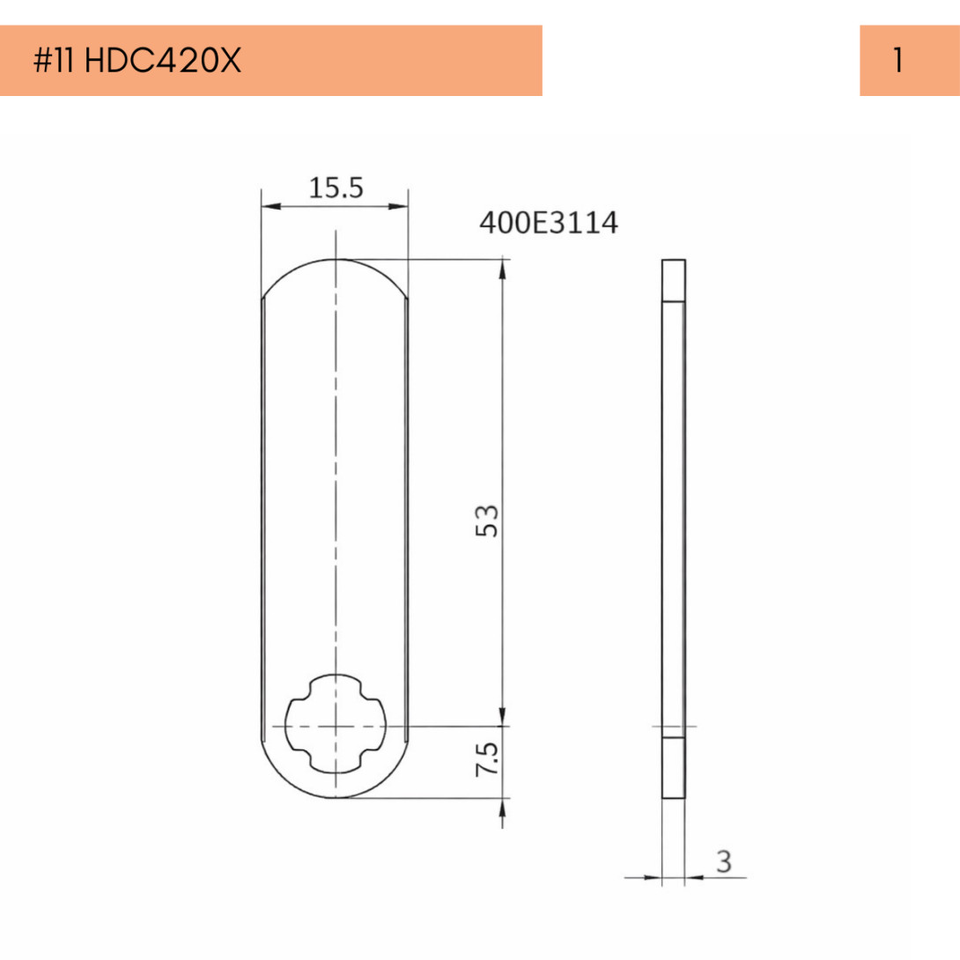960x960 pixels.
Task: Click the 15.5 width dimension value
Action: point(336,188)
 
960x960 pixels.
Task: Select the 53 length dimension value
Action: point(487,521)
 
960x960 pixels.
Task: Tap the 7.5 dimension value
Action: point(487,759)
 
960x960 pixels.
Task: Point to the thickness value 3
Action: point(724,861)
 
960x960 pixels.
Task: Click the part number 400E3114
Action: point(549,222)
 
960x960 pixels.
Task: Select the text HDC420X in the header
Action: point(163,61)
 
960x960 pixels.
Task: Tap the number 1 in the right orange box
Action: point(898,61)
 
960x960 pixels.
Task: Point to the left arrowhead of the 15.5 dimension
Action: point(270,206)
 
